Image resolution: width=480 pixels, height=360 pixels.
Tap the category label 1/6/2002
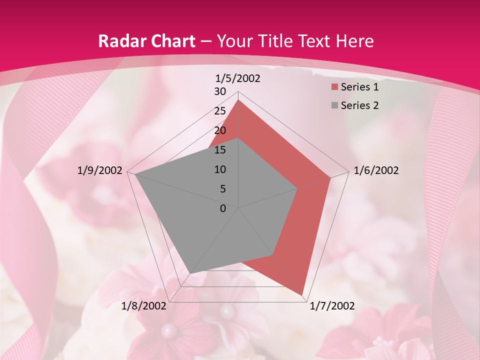pyautogui.click(x=376, y=170)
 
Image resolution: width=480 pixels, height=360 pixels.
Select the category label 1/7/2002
pyautogui.click(x=332, y=306)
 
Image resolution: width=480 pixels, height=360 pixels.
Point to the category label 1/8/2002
pyautogui.click(x=144, y=306)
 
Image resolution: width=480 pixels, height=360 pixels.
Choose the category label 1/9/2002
pyautogui.click(x=100, y=170)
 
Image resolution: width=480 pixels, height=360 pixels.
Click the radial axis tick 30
pyautogui.click(x=220, y=91)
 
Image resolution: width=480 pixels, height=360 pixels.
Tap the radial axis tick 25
pyautogui.click(x=220, y=111)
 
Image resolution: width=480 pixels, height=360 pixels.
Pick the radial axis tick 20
pyautogui.click(x=220, y=130)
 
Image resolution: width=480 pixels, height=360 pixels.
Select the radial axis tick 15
pyautogui.click(x=220, y=150)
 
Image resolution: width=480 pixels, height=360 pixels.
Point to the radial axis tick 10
pyautogui.click(x=220, y=169)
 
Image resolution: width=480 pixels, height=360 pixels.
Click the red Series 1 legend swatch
pyautogui.click(x=333, y=87)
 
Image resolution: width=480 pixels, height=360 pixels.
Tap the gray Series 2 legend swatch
pyautogui.click(x=333, y=105)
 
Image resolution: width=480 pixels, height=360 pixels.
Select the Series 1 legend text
pyautogui.click(x=359, y=87)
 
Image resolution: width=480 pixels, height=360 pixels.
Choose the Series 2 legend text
pyautogui.click(x=359, y=105)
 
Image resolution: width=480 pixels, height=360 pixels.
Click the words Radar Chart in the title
pyautogui.click(x=146, y=41)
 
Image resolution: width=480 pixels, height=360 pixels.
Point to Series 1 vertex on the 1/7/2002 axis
pyautogui.click(x=302, y=295)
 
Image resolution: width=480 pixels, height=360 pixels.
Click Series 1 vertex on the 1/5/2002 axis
pyautogui.click(x=238, y=99)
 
